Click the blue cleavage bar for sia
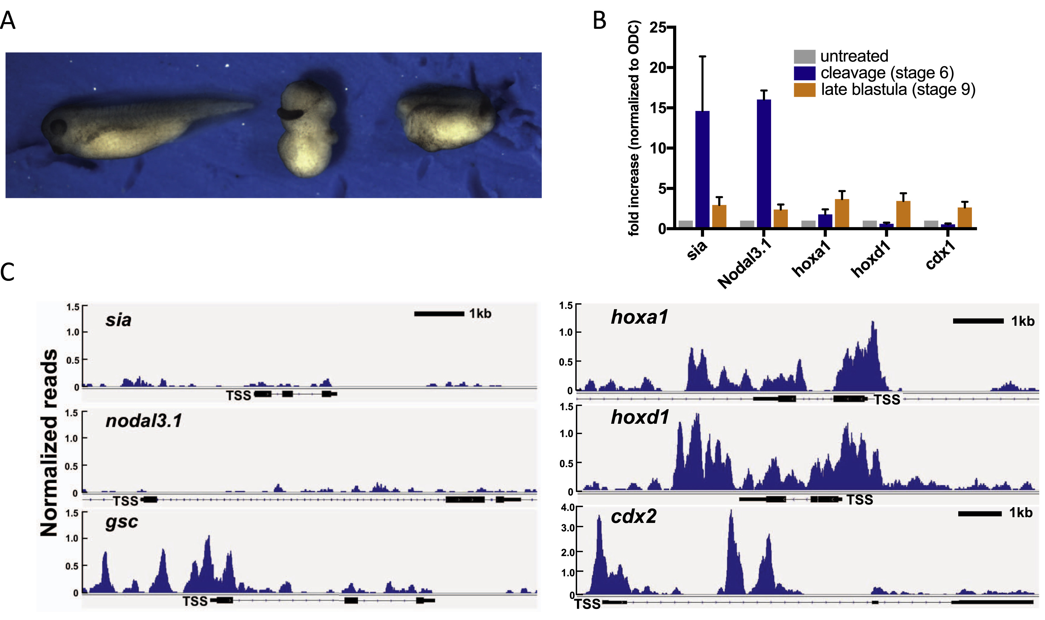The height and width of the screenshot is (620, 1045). point(702,169)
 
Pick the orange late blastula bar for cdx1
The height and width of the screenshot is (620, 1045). point(964,217)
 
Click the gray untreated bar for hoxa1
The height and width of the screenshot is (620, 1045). point(808,224)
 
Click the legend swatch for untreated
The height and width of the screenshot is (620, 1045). point(804,56)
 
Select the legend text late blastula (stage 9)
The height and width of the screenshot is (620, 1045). point(898,89)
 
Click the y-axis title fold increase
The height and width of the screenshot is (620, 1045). point(634,128)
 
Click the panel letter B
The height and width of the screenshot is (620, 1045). point(599,20)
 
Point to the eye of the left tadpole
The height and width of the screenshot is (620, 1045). point(58,126)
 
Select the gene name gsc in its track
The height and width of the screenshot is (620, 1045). point(122,522)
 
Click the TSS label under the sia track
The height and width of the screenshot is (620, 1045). point(238,395)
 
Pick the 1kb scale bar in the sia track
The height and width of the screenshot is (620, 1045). point(439,314)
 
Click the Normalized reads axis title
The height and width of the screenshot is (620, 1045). point(49,443)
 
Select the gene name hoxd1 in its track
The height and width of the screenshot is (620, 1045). point(640,417)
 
